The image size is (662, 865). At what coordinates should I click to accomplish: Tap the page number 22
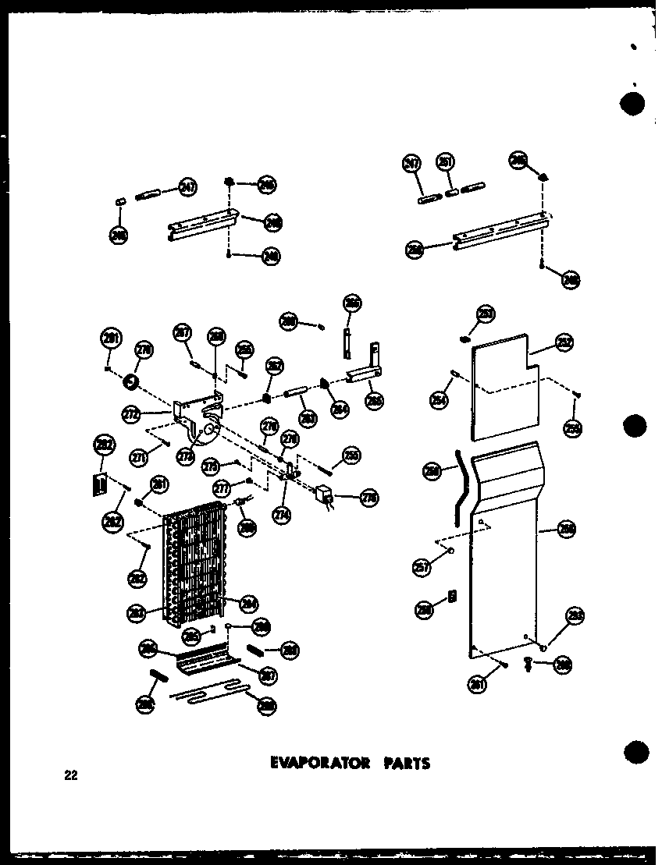click(x=72, y=775)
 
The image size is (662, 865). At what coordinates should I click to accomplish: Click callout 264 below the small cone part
click(x=339, y=408)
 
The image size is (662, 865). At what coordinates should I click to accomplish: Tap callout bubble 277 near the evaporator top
click(x=222, y=489)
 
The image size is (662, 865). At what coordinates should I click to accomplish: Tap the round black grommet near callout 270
click(x=130, y=382)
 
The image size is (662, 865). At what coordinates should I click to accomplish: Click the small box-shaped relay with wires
click(x=322, y=495)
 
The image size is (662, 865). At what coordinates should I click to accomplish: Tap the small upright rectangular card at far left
click(x=100, y=484)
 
